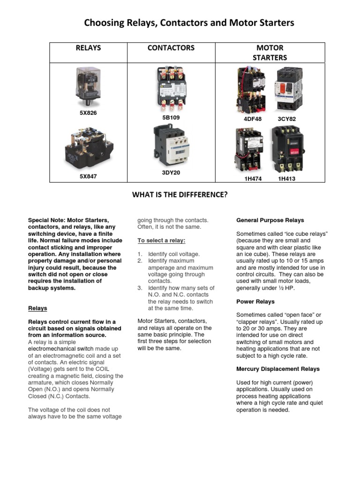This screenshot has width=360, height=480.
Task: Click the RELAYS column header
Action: (88, 48)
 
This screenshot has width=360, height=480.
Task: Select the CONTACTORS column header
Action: (171, 48)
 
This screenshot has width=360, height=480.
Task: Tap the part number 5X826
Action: (88, 113)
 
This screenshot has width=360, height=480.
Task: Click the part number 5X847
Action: (88, 176)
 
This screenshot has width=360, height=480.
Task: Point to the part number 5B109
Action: (171, 117)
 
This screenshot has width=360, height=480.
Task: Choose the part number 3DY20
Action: (171, 172)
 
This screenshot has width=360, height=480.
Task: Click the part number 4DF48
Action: (253, 119)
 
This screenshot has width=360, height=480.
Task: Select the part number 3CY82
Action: (286, 119)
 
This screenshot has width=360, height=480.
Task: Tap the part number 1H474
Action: (253, 179)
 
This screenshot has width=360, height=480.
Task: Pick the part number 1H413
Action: (286, 179)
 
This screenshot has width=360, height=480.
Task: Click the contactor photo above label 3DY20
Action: (171, 147)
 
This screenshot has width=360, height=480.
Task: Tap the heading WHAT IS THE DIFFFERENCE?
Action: (180, 194)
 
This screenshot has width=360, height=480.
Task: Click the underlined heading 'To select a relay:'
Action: (161, 240)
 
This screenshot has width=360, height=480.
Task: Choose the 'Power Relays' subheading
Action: (255, 301)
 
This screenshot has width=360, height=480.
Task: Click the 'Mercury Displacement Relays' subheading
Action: (278, 369)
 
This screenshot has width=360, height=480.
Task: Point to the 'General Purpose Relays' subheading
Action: (270, 220)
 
